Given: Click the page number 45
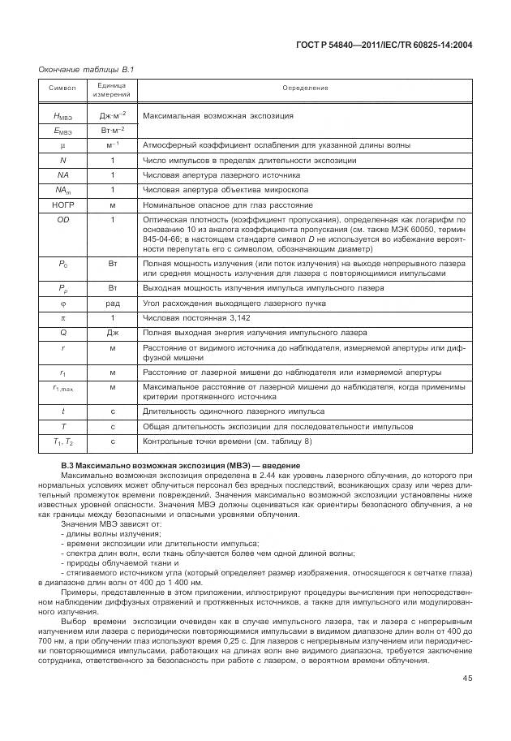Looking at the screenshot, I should (467, 679).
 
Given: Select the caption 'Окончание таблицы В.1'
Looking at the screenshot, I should (86, 70).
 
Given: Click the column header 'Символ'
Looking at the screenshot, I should (62, 87).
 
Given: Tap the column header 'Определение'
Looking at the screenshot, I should (306, 87).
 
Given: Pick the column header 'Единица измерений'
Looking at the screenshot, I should (111, 87).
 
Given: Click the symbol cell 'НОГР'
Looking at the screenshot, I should (62, 205).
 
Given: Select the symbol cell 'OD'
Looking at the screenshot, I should (62, 219).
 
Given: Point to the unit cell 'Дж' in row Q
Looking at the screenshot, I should (112, 333).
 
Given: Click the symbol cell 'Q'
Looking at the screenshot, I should (62, 333).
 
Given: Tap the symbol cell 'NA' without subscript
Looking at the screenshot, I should (62, 174).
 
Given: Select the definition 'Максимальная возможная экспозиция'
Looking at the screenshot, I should (213, 116).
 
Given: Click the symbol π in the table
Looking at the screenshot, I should (62, 318).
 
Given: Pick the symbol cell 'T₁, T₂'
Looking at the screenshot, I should (62, 442).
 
